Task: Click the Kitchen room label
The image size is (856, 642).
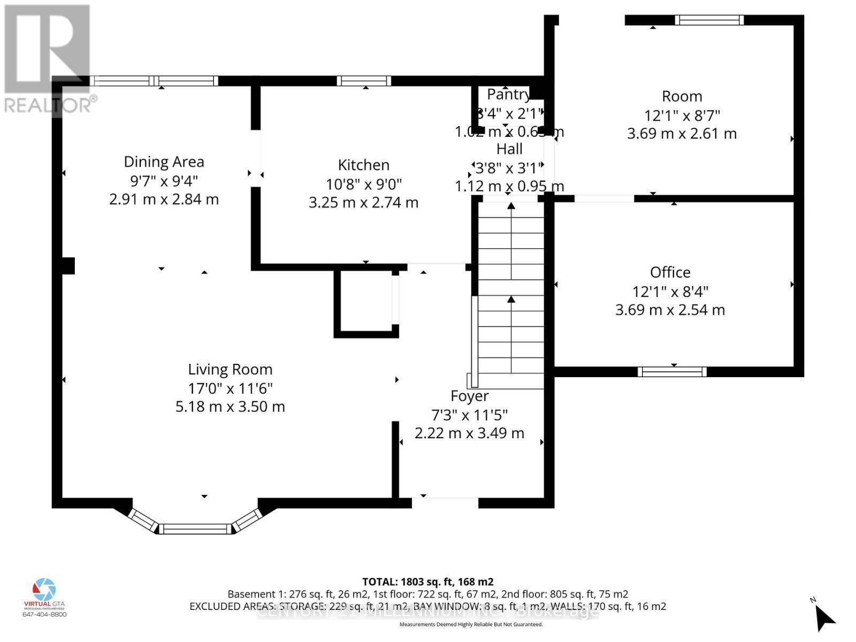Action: coord(363,165)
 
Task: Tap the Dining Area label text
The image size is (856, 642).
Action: coord(164,162)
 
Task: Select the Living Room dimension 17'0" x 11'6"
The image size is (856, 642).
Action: coord(230,388)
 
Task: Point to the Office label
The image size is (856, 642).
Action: coord(670,272)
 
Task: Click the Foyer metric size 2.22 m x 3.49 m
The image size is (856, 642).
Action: coord(469,433)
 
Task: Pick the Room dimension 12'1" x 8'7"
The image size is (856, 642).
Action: coord(682,115)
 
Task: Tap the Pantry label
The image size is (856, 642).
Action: coord(508,95)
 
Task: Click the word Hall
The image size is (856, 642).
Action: coord(509,149)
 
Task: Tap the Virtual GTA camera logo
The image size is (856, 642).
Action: coord(44,589)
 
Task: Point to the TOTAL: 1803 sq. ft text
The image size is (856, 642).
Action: coord(427,582)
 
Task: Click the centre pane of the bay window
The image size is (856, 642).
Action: coord(195,529)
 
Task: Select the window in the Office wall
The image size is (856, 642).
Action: coord(672,371)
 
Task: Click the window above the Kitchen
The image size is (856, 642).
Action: coord(364,81)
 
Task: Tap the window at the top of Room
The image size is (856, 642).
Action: coord(709,20)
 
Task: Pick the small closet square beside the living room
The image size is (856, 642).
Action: coord(366,303)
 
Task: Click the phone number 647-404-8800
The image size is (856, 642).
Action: coord(44,614)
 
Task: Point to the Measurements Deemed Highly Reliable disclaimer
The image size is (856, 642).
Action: coord(471,624)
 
